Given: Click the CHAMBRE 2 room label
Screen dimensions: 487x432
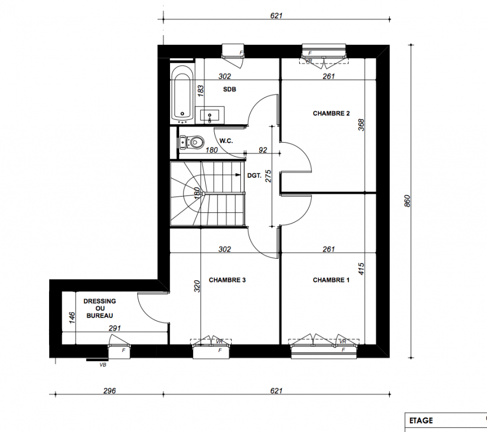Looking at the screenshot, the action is (331, 113).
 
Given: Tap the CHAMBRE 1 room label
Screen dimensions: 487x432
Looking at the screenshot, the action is (331, 280).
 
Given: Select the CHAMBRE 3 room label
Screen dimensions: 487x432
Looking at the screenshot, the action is (227, 280).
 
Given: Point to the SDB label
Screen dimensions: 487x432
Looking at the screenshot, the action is (229, 90).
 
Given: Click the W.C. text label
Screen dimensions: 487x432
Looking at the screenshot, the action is (226, 141).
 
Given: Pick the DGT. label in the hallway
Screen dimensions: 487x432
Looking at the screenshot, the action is (254, 175).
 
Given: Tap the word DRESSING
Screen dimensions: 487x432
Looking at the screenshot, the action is (100, 301).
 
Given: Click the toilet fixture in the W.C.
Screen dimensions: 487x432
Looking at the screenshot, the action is (192, 142).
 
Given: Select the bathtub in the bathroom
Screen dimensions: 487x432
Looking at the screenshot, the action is (182, 93).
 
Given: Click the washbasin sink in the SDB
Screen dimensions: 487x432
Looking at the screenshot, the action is (209, 115).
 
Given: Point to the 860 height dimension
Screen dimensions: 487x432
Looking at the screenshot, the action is (408, 201).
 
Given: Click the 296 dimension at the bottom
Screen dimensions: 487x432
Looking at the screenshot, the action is (110, 391).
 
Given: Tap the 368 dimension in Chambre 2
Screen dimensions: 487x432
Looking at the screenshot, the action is (361, 125).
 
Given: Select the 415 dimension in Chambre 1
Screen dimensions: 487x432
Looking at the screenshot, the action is (361, 268).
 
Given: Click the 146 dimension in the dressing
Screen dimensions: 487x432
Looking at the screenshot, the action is (72, 318).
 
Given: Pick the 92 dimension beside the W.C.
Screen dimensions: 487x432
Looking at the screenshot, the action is (263, 150).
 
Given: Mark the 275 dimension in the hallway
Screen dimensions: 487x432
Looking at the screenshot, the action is (268, 176).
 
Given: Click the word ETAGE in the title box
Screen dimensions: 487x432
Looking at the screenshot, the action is (421, 421).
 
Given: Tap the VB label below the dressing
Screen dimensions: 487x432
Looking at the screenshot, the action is (103, 365).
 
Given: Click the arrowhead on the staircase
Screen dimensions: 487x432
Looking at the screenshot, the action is (238, 175).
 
